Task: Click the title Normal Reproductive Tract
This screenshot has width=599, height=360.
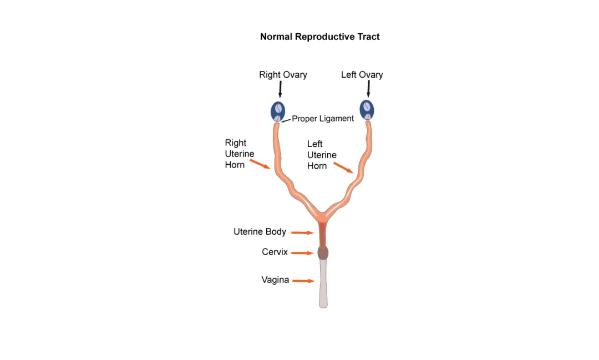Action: pyautogui.click(x=319, y=37)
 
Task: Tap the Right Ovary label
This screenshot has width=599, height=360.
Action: pyautogui.click(x=283, y=75)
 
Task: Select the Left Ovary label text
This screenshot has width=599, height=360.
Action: pyautogui.click(x=362, y=75)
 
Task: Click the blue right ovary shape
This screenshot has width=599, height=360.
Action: pyautogui.click(x=278, y=110)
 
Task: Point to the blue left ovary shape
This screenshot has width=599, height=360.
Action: pyautogui.click(x=367, y=109)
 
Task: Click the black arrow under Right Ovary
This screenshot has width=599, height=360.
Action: pyautogui.click(x=280, y=89)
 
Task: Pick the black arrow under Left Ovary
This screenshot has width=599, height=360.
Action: pyautogui.click(x=368, y=89)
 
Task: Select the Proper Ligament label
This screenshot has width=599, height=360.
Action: pyautogui.click(x=323, y=118)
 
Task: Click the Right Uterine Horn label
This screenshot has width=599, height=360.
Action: pyautogui.click(x=240, y=154)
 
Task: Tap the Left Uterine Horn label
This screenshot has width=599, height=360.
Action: pyautogui.click(x=322, y=155)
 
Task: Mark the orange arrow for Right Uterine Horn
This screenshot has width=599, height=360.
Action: pyautogui.click(x=260, y=164)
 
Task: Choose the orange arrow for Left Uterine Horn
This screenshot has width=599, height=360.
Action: pyautogui.click(x=344, y=168)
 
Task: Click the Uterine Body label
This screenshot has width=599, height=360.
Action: pyautogui.click(x=260, y=232)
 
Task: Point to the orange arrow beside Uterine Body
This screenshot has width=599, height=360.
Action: pyautogui.click(x=302, y=232)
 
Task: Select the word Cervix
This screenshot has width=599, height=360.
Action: pyautogui.click(x=275, y=252)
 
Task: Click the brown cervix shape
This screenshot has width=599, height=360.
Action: pyautogui.click(x=323, y=253)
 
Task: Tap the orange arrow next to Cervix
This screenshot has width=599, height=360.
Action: pyautogui.click(x=302, y=253)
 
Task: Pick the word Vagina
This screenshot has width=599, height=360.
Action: pyautogui.click(x=275, y=280)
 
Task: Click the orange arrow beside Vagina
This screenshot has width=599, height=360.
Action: pyautogui.click(x=303, y=281)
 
